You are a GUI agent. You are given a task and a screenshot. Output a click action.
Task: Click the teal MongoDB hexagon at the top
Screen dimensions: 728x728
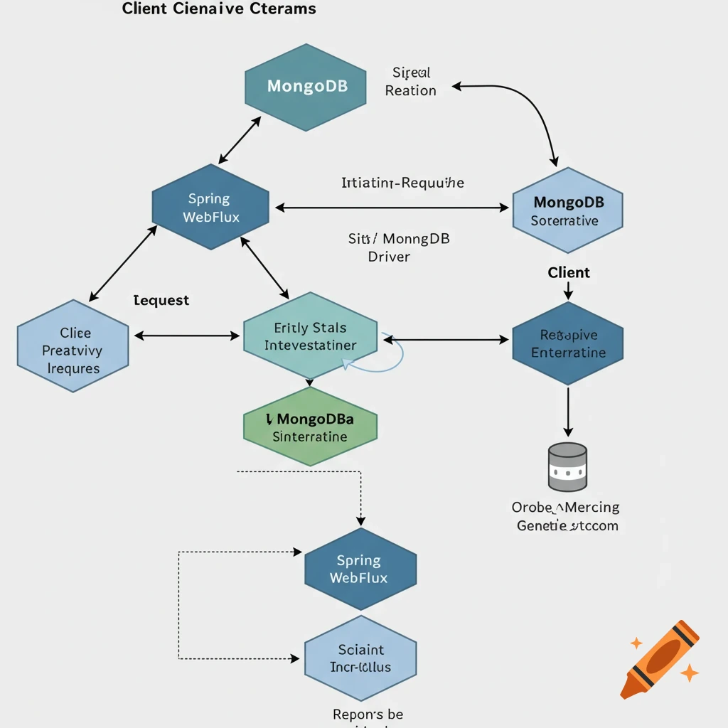[x=306, y=86]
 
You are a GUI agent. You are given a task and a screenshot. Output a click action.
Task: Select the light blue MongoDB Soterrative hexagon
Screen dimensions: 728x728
[x=567, y=210]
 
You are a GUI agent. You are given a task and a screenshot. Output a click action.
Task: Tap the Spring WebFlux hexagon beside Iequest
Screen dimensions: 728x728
[x=210, y=207]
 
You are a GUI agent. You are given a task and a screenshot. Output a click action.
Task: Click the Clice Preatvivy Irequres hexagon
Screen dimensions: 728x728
[x=73, y=346]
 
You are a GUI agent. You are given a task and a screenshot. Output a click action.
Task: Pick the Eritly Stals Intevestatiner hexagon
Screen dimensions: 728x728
[x=310, y=336]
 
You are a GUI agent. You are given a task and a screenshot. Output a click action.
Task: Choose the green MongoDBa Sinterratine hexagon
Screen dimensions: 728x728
[x=310, y=427]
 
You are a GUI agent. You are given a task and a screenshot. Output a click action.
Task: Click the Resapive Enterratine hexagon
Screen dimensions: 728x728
[x=567, y=343]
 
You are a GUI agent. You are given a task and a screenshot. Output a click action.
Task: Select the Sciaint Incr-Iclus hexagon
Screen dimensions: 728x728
[x=360, y=658]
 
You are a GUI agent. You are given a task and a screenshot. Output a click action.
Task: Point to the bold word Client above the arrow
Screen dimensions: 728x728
[x=569, y=272]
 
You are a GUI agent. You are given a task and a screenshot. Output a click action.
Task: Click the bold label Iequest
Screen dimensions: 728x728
[x=161, y=300]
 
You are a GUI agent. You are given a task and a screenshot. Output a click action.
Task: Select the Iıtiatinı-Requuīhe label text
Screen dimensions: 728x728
[x=402, y=183]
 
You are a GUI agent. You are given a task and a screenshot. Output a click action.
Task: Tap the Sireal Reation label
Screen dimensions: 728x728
[x=410, y=82]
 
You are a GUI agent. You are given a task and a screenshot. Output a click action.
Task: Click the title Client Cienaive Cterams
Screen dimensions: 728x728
[x=219, y=9]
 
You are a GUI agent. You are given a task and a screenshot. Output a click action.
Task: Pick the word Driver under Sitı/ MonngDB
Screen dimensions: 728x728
[x=389, y=257]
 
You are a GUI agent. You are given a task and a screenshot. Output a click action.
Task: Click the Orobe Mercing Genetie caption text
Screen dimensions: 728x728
[x=566, y=517]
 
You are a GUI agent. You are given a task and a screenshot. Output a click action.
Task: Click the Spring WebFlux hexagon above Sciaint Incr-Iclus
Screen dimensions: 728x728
[x=360, y=569]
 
